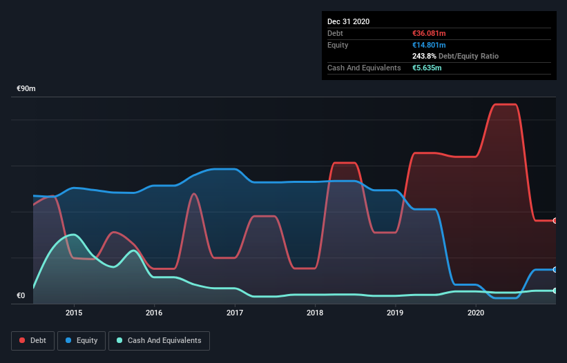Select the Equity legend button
click(x=81, y=340)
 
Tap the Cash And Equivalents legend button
click(x=159, y=340)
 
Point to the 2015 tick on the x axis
click(x=74, y=313)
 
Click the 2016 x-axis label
click(x=154, y=313)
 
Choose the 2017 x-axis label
click(x=235, y=313)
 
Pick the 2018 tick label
click(x=315, y=313)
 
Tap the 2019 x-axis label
click(x=395, y=313)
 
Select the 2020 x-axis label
click(x=476, y=313)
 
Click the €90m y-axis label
click(x=26, y=89)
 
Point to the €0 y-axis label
click(x=21, y=296)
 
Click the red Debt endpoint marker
click(x=555, y=221)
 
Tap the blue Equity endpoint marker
click(x=555, y=269)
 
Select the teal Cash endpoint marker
click(x=555, y=291)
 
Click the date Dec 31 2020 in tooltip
click(x=348, y=21)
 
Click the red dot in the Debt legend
click(x=22, y=340)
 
